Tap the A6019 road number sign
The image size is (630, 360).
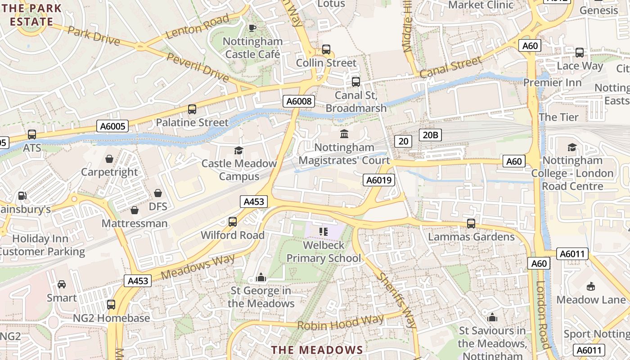pyautogui.click(x=379, y=180)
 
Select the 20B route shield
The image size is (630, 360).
pyautogui.click(x=431, y=135)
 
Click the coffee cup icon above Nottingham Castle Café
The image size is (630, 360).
pyautogui.click(x=252, y=28)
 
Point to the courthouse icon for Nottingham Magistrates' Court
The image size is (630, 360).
pyautogui.click(x=344, y=134)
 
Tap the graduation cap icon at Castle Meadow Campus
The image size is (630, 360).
pyautogui.click(x=238, y=150)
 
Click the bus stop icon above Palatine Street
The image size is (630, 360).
pyautogui.click(x=192, y=109)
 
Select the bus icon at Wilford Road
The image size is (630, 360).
pyautogui.click(x=233, y=221)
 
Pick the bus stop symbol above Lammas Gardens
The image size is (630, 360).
pyautogui.click(x=471, y=223)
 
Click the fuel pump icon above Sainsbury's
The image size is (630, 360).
pyautogui.click(x=22, y=196)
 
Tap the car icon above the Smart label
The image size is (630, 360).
pyautogui.click(x=62, y=284)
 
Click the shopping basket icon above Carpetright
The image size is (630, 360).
pyautogui.click(x=109, y=159)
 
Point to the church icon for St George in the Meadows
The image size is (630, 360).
pyautogui.click(x=261, y=278)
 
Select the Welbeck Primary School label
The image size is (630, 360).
pyautogui.click(x=324, y=252)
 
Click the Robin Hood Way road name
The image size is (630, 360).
pyautogui.click(x=341, y=323)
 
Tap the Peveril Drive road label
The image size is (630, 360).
pyautogui.click(x=198, y=67)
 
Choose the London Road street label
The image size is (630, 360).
pyautogui.click(x=543, y=315)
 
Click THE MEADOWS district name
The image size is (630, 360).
pyautogui.click(x=317, y=350)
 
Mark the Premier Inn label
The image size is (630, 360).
pyautogui.click(x=552, y=83)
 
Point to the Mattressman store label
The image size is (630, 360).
pyautogui.click(x=135, y=223)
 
